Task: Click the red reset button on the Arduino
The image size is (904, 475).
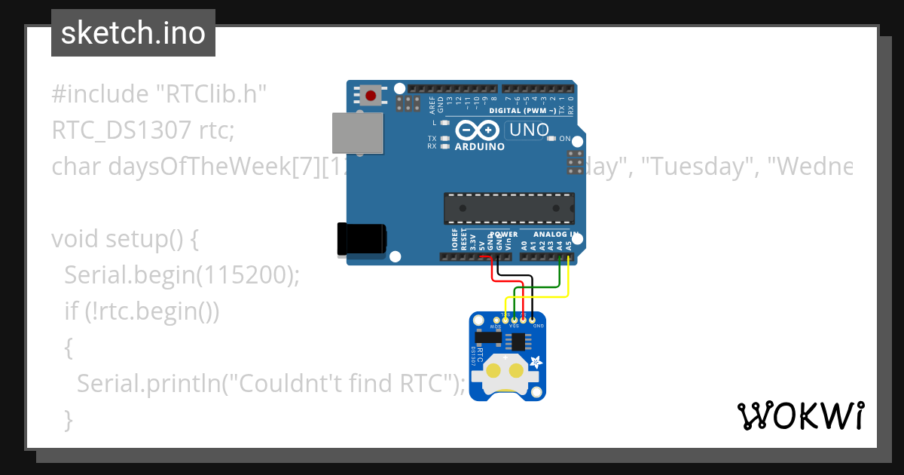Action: coord(371,96)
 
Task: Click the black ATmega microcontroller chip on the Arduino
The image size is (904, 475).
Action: coord(508,208)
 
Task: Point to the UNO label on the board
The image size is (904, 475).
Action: coord(529,130)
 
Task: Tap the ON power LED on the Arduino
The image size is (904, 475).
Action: coord(552,139)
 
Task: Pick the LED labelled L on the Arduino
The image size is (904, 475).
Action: coord(444,122)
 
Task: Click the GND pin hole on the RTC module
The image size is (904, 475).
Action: coord(532,321)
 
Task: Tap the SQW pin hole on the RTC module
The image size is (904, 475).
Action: coord(496,321)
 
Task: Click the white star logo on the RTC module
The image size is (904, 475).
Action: coord(536,363)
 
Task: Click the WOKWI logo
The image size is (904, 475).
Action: coord(800,415)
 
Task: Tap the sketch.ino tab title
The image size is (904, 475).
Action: coord(133,33)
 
